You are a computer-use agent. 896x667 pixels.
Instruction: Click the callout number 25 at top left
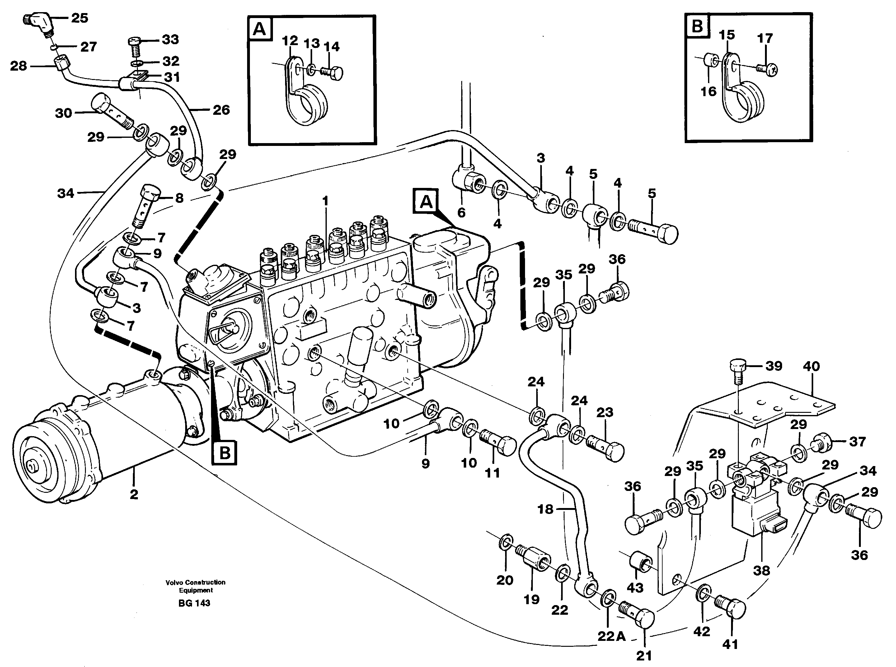pos(80,18)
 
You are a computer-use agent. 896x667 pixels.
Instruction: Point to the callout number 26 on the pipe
pos(221,110)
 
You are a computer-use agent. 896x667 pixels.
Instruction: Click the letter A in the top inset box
pos(260,29)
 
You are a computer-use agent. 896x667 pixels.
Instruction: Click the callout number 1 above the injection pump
pos(326,201)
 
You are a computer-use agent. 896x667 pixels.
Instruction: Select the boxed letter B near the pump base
pos(224,453)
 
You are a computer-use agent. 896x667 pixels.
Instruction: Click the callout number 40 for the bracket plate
pos(811,366)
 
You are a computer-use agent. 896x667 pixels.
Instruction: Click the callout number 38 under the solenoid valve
pos(761,571)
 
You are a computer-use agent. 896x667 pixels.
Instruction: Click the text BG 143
pos(194,603)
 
